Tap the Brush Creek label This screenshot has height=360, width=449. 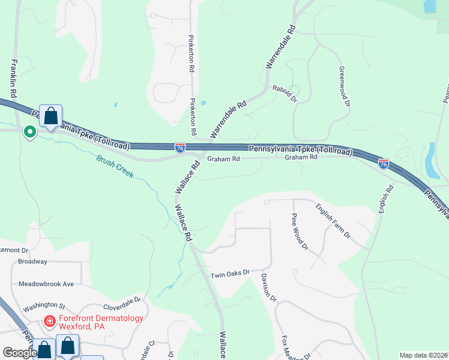pos(115,167)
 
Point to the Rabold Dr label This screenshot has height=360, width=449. pos(285,93)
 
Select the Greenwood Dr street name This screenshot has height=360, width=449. pos(345,86)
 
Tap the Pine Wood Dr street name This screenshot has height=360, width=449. pos(300,231)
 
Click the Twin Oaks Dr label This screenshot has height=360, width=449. pos(229,274)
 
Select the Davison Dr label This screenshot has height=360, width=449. pos(268,287)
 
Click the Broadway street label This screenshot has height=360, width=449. pos(32,262)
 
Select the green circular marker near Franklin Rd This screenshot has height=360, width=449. pos(29,131)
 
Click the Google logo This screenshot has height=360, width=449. pos(19,353)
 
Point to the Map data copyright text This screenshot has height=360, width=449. pos(423,355)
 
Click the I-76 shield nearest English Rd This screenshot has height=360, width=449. pos(383,163)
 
